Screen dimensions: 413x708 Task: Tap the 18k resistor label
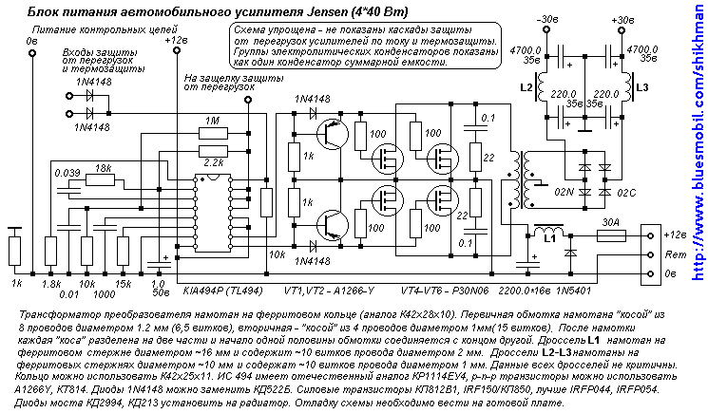point(103,167)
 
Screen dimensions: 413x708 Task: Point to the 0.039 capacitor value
point(68,173)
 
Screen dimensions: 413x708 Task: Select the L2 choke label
point(526,87)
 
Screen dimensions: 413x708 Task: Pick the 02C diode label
point(626,193)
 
